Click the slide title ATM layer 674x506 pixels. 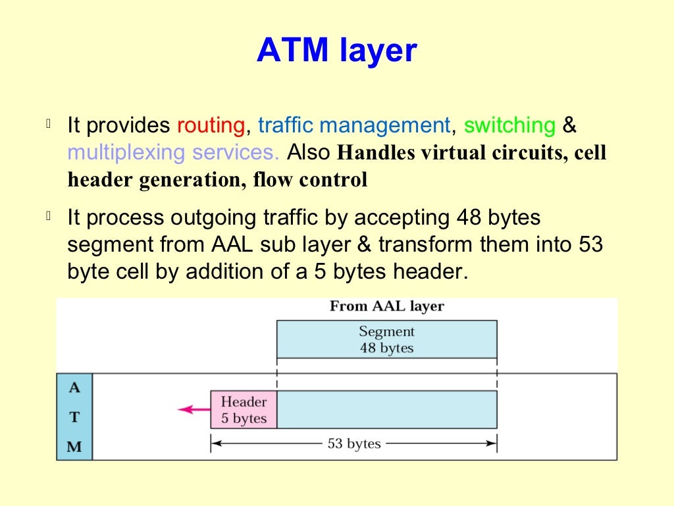pos(336,51)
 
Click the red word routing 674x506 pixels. pos(211,125)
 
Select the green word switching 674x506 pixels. pos(509,125)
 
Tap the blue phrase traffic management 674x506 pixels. pos(353,125)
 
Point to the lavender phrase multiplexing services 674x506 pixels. pos(174,153)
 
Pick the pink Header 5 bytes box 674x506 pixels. pos(244,410)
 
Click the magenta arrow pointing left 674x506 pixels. pos(194,410)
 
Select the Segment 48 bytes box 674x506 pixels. pos(386,339)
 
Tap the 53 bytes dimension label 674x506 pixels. pos(354,444)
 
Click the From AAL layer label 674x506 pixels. pos(386,306)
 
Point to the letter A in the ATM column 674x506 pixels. pos(74,387)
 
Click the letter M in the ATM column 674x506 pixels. pos(74,447)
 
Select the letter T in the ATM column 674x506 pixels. pos(74,417)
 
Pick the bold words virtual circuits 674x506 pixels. pos(492,153)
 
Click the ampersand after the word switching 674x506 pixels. pos(569,125)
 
